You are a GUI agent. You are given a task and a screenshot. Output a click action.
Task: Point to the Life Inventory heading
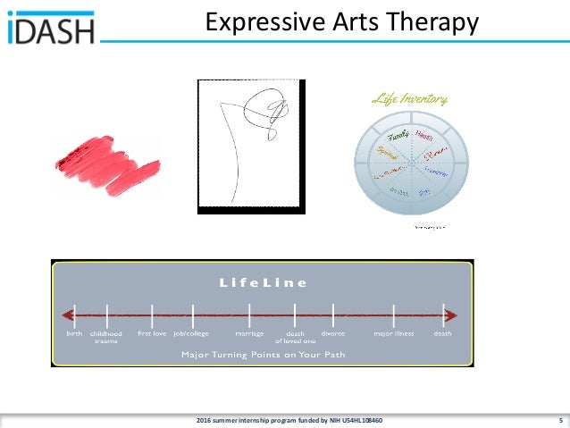410,99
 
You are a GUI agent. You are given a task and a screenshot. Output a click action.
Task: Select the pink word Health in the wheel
423,135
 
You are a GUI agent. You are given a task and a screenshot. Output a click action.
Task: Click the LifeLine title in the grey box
263,282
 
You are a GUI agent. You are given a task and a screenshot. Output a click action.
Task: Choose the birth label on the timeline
74,333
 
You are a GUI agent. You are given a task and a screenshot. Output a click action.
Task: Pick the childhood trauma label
106,337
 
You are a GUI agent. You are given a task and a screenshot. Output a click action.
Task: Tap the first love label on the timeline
152,333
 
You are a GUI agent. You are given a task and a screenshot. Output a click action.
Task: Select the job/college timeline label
190,333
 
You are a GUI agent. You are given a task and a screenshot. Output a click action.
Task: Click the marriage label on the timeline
249,333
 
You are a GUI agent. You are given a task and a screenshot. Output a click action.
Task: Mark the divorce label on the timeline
332,333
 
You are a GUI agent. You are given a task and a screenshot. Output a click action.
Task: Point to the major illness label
394,333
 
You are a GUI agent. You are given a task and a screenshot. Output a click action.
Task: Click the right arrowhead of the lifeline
453,315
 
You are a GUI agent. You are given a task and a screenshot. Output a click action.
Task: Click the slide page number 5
559,420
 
